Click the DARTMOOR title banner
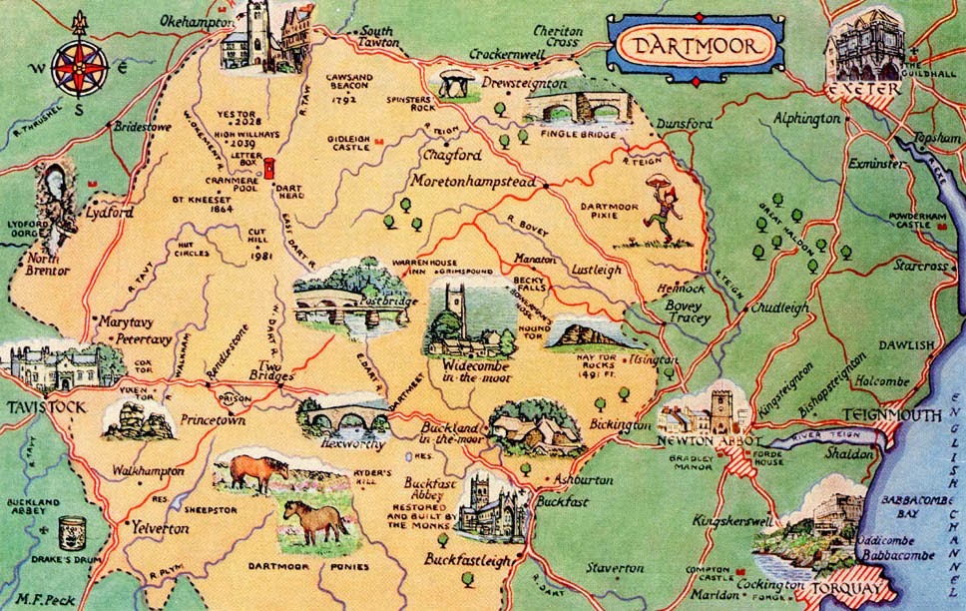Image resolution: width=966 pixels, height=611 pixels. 697,45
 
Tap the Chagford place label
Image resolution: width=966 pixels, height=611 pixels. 452,156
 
